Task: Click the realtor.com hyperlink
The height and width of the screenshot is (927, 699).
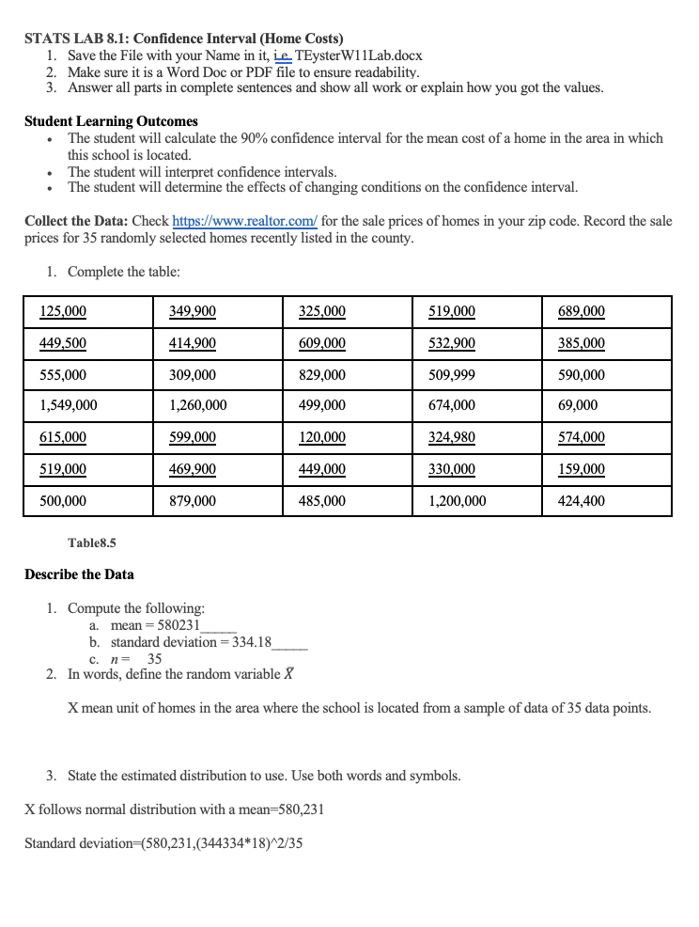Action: click(245, 221)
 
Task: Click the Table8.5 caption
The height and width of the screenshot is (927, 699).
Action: click(92, 542)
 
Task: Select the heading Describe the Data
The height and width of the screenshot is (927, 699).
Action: click(79, 574)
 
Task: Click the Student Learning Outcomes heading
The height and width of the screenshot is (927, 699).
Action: click(111, 121)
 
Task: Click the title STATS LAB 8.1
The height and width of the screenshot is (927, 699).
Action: click(79, 39)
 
